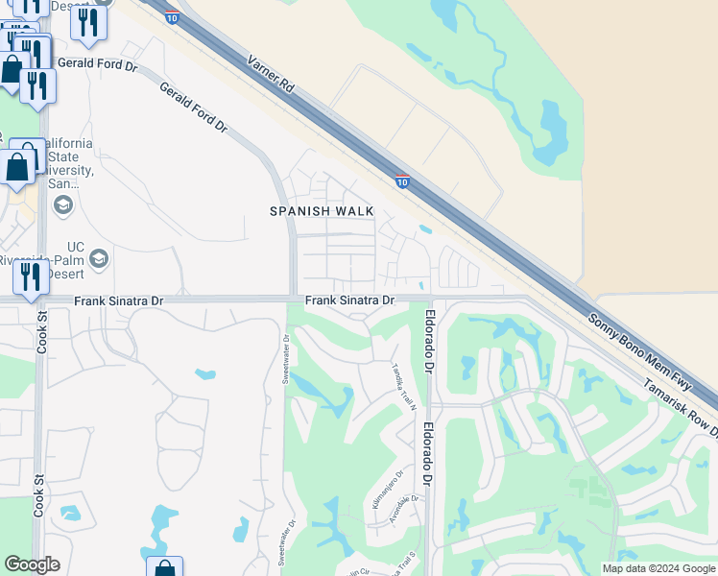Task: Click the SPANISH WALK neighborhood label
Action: tap(321, 211)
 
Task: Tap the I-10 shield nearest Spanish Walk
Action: tap(402, 181)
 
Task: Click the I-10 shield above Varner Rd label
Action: tap(171, 18)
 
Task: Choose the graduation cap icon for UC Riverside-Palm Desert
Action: tap(99, 258)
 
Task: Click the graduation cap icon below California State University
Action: tap(63, 204)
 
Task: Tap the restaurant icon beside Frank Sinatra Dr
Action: tap(31, 276)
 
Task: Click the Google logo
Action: tap(32, 564)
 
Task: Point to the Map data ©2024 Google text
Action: tap(658, 568)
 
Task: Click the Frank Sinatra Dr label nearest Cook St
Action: tap(119, 301)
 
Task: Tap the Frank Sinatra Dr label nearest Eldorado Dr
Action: tap(349, 301)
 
